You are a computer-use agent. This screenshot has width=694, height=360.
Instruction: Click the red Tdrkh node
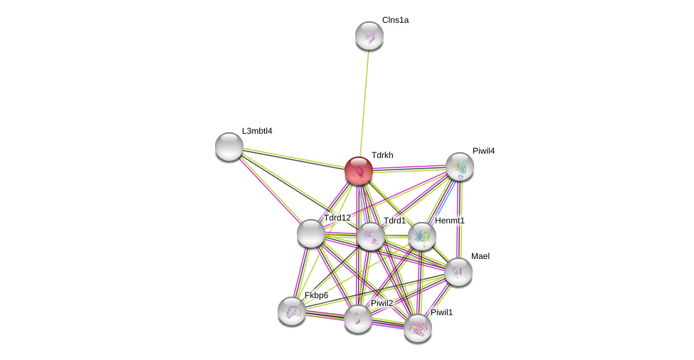click(359, 171)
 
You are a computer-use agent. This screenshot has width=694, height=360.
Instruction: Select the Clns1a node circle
click(369, 36)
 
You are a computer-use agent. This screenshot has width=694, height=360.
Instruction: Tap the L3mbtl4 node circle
click(229, 147)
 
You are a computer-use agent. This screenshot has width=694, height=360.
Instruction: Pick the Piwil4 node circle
click(460, 166)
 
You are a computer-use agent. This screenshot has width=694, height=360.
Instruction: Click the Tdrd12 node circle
click(311, 233)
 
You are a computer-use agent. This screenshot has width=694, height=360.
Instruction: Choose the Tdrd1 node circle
click(371, 236)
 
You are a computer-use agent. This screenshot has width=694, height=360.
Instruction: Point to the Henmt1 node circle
click(422, 236)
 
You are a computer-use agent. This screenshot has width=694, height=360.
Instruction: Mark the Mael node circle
click(458, 271)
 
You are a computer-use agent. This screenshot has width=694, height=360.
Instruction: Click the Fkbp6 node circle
click(292, 310)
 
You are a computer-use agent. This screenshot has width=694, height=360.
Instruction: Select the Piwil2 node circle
click(358, 319)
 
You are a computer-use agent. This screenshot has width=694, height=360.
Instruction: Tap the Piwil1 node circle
click(418, 328)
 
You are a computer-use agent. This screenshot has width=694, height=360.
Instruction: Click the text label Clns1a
click(395, 20)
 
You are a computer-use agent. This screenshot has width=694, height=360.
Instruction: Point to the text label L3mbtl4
click(257, 131)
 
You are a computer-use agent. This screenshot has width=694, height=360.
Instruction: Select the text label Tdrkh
click(382, 155)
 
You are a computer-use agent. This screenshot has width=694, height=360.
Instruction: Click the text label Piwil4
click(483, 151)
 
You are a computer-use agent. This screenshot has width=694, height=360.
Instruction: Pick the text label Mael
click(480, 256)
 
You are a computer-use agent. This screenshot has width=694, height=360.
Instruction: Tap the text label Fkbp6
click(317, 295)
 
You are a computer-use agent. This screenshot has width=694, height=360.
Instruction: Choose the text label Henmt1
click(450, 221)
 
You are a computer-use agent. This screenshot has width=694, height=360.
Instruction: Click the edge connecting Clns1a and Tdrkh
click(364, 100)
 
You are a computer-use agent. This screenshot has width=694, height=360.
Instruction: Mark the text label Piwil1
click(441, 312)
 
